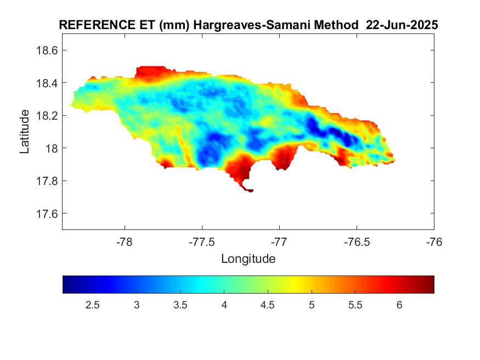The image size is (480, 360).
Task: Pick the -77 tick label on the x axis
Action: (x=279, y=241)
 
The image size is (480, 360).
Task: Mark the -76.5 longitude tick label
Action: (x=357, y=241)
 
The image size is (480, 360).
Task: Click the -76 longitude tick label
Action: (x=434, y=241)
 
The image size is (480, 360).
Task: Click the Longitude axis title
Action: (x=248, y=258)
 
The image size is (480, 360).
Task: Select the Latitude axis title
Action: (x=25, y=132)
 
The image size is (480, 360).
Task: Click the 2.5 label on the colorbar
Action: (x=93, y=305)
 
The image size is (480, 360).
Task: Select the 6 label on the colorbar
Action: (x=399, y=305)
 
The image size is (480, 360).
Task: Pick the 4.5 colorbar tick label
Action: (x=268, y=305)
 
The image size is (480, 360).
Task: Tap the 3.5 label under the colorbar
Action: (x=180, y=305)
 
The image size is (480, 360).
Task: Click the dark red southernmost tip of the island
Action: (x=250, y=190)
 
